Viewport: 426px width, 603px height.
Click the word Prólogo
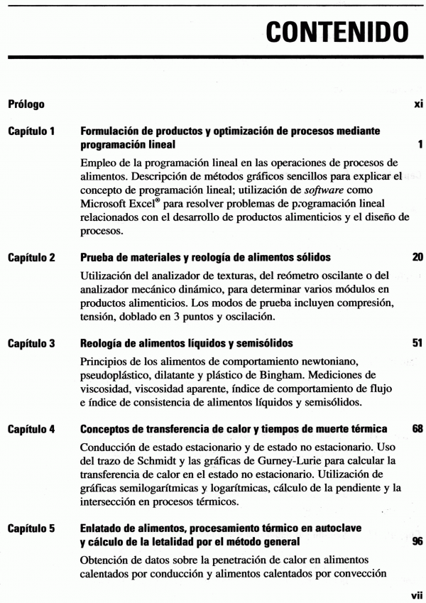(26, 105)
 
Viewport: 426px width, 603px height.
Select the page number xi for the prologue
(418, 105)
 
